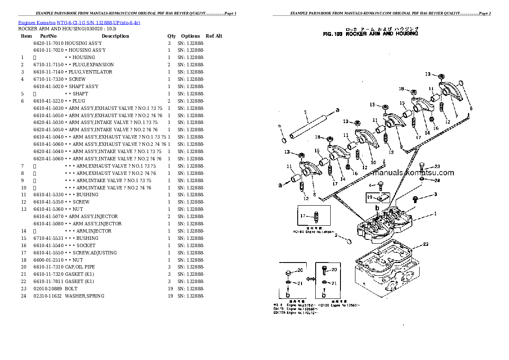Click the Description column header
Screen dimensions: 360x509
pos(115,36)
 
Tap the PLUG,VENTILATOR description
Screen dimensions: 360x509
pos(90,72)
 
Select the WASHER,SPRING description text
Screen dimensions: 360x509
pos(84,296)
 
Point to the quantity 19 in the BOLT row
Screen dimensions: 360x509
pos(170,289)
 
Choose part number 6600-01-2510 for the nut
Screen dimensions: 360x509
pos(48,260)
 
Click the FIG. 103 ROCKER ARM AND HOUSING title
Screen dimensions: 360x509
pos(370,34)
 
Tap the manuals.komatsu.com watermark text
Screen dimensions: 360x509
pos(413,173)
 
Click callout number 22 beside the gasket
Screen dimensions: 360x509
pos(426,245)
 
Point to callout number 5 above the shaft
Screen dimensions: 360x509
pos(305,112)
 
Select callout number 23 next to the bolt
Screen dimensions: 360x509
pos(437,167)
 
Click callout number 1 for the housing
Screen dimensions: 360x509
pos(435,213)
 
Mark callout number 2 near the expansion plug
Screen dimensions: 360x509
pos(336,235)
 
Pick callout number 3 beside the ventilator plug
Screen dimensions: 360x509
pos(435,195)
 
